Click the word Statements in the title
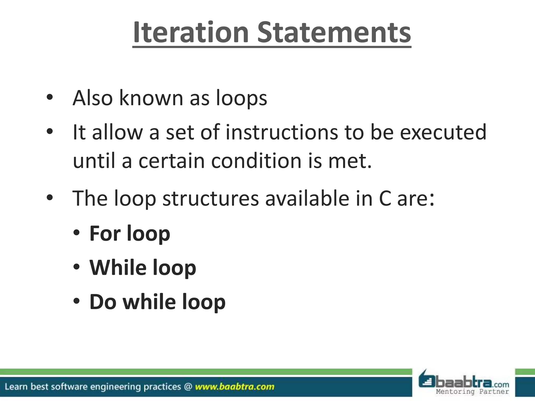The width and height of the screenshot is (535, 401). click(x=334, y=32)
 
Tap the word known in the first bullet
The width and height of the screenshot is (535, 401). click(x=151, y=98)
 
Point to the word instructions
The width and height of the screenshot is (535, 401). click(x=282, y=132)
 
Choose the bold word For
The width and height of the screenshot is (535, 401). click(x=105, y=233)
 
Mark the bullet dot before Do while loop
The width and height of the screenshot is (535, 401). click(x=76, y=302)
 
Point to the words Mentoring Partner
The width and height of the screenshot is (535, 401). click(x=472, y=392)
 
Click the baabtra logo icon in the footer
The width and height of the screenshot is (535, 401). click(x=427, y=381)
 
